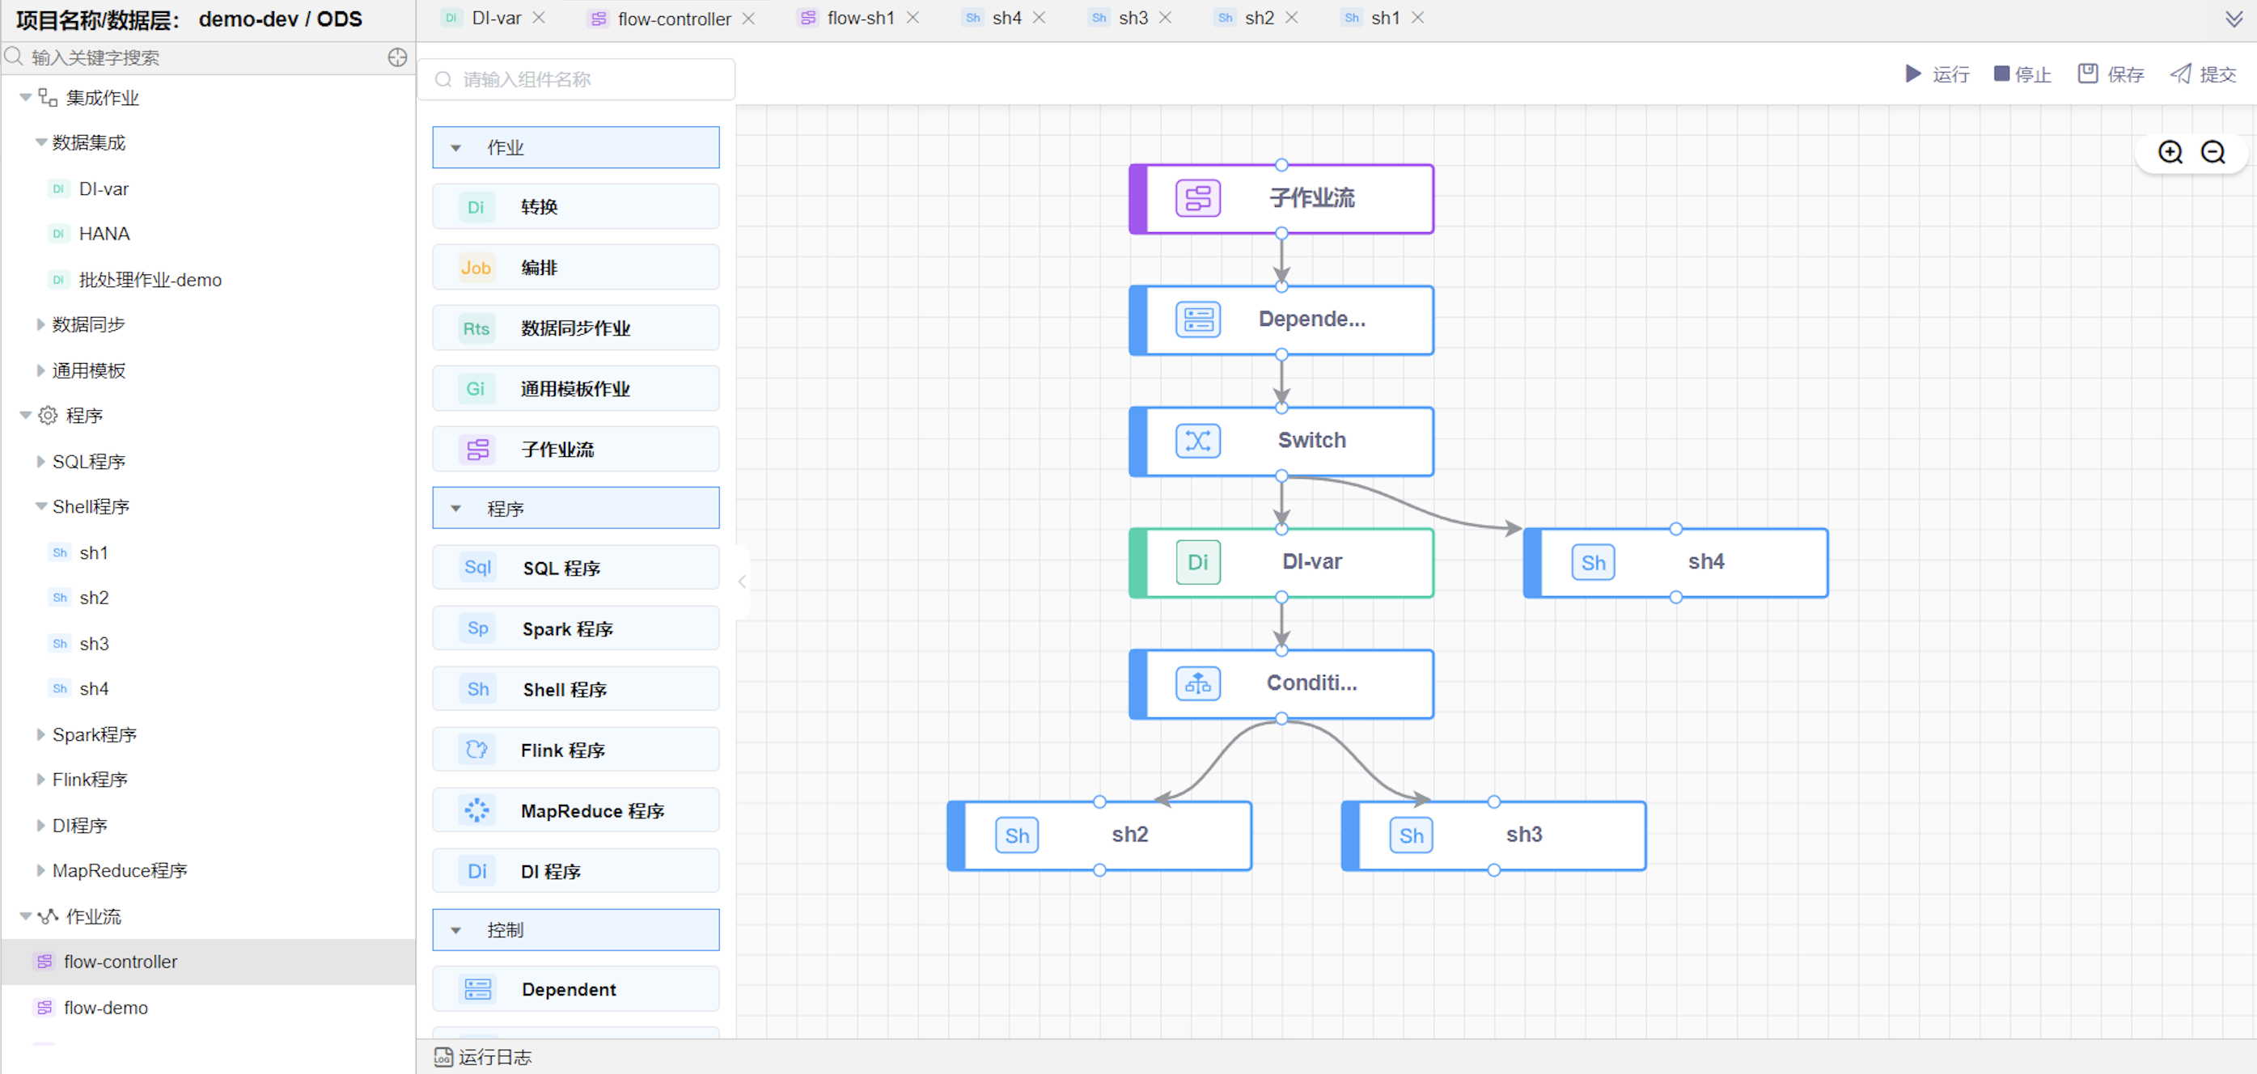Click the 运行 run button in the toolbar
(x=1937, y=74)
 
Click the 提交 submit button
(x=2204, y=74)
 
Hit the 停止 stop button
(x=2022, y=74)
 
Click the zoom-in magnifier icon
(x=2170, y=152)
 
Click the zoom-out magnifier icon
(x=2213, y=152)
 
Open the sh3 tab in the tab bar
(x=1132, y=18)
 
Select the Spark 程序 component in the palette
(x=576, y=628)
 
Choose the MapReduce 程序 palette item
(x=576, y=810)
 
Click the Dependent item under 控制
(x=576, y=989)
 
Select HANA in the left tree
(x=104, y=234)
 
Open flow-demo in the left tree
(x=105, y=1008)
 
